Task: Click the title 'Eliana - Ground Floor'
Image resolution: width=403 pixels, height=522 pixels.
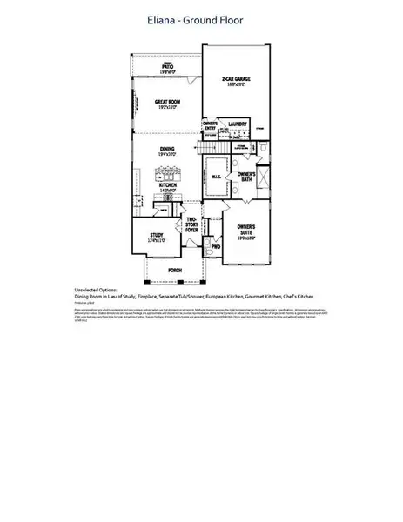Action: [201, 19]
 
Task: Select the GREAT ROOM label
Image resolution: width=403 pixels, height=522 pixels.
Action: [167, 102]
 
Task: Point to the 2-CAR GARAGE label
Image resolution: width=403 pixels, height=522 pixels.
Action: [235, 80]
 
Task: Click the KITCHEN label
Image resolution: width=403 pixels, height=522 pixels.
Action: [169, 184]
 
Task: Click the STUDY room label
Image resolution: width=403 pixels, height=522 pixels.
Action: [157, 235]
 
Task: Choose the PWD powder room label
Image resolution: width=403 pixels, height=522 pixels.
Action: [216, 246]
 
